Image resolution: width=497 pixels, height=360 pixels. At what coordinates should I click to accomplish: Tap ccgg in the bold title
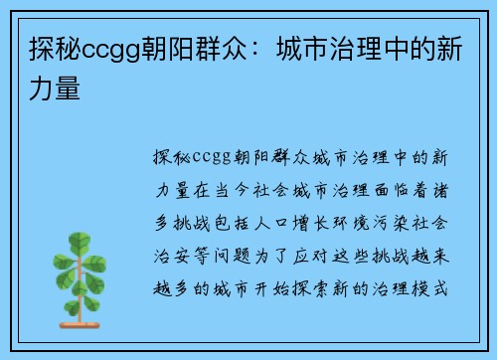point(110,50)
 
